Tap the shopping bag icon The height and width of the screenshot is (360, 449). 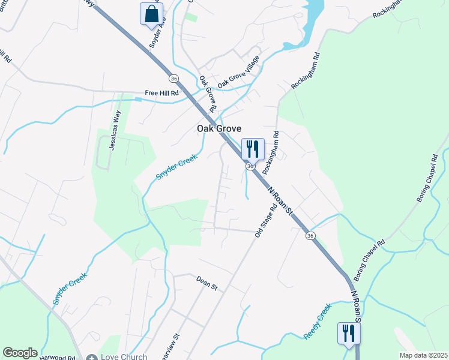152,13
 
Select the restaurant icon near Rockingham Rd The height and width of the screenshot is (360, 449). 253,148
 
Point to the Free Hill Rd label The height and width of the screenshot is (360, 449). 162,94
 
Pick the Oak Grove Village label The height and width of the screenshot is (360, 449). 238,73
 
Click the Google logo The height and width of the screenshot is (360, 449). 20,353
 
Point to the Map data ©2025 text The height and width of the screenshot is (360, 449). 423,355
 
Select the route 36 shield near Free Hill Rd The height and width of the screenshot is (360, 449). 173,79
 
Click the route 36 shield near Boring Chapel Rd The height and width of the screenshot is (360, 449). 310,236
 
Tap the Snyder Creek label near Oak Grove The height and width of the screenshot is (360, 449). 177,167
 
